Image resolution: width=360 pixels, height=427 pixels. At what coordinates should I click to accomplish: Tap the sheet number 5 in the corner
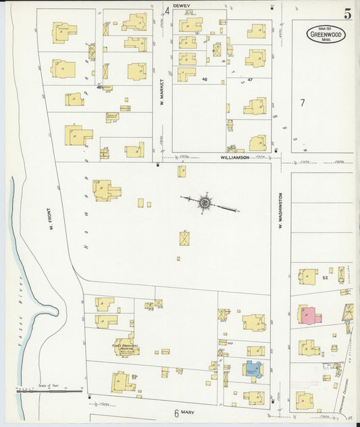(346, 14)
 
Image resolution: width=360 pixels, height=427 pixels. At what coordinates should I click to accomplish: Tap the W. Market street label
(162, 103)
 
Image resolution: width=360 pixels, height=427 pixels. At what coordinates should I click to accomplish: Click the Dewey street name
(182, 5)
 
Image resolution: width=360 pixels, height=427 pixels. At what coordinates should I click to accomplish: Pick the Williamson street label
(234, 157)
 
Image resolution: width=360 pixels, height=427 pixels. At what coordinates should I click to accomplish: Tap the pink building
(309, 316)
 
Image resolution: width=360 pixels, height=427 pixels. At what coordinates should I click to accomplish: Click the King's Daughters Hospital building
(124, 346)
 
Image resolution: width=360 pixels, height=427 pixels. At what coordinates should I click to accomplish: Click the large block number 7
(303, 103)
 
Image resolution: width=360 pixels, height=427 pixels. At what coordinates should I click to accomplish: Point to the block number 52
(324, 278)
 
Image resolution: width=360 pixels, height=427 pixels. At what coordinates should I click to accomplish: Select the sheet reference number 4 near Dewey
(167, 11)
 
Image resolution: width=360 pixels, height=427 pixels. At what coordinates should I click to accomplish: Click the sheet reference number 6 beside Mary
(176, 413)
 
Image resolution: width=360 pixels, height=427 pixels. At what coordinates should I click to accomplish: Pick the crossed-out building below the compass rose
(184, 238)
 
